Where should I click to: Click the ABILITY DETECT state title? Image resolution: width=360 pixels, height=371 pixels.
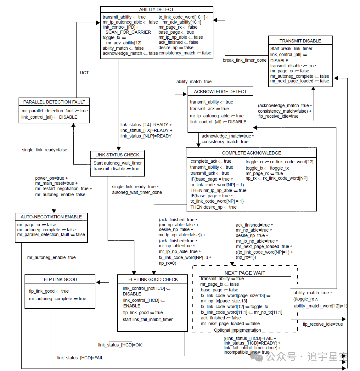(156, 9)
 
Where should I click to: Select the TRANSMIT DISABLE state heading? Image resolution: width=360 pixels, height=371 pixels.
(300, 41)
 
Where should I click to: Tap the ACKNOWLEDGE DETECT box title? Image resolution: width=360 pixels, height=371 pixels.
(220, 92)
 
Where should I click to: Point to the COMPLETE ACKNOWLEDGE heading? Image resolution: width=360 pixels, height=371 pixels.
(251, 153)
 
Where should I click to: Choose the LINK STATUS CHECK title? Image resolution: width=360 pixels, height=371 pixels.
(117, 155)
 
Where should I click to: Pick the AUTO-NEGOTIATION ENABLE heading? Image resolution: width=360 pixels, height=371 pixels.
(51, 217)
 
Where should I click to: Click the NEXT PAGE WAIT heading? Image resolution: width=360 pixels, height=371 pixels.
(245, 273)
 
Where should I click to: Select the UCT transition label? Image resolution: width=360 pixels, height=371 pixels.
(84, 72)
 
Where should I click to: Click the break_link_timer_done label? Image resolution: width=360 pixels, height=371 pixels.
(245, 60)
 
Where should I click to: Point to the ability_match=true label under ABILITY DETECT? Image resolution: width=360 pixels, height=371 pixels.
(194, 81)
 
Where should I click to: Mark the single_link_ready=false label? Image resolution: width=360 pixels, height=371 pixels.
(45, 150)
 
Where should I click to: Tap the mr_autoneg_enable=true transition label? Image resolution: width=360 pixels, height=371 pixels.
(51, 257)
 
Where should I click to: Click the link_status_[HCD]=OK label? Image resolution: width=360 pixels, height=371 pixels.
(120, 345)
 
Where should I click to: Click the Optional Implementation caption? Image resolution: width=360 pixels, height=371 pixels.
(238, 330)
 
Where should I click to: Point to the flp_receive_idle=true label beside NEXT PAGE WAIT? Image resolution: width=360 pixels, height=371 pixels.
(322, 324)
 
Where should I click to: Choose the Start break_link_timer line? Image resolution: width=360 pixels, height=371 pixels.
(291, 48)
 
